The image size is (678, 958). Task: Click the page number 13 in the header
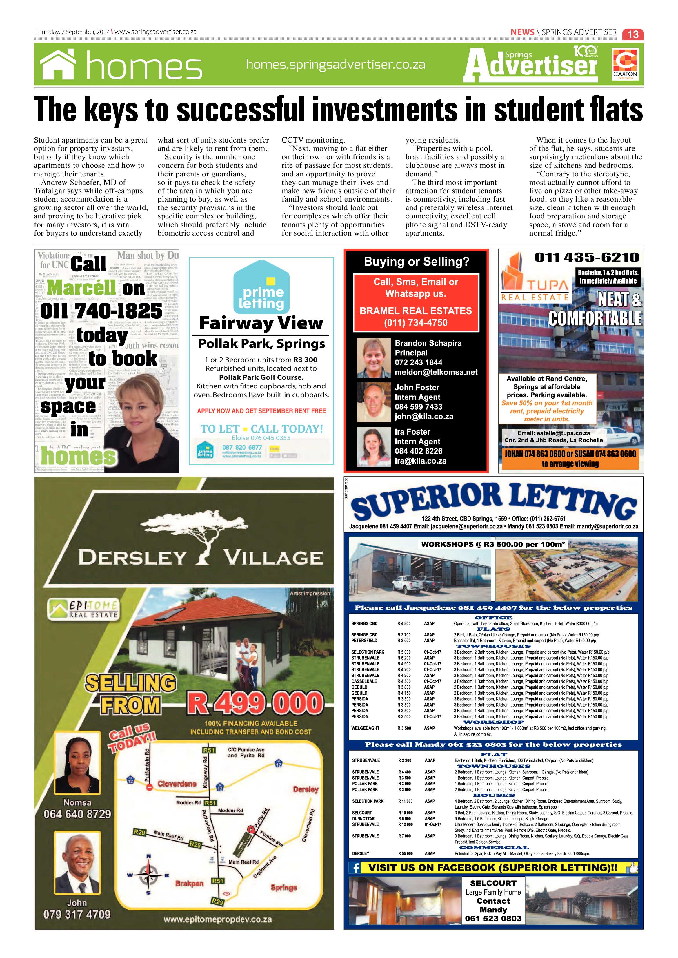coord(633,34)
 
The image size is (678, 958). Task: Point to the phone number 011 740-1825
coord(101,311)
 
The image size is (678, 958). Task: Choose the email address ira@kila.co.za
coord(420,461)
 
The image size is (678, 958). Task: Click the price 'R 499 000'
coord(255,703)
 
